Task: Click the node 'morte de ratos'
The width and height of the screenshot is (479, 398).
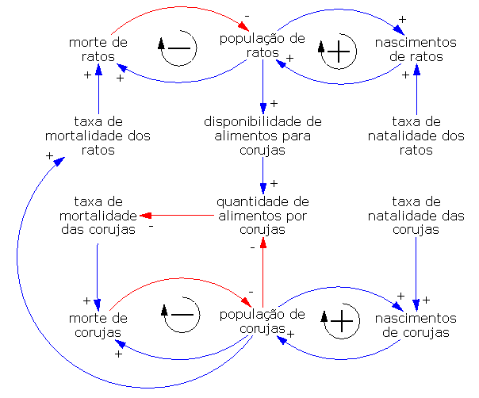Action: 98,49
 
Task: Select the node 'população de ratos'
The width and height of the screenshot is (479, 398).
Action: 262,45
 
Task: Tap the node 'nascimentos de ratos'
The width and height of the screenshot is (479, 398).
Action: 416,49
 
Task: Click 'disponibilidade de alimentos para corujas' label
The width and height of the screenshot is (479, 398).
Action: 262,136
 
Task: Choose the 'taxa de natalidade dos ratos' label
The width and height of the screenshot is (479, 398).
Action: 416,136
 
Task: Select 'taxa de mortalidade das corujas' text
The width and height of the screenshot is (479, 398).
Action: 97,216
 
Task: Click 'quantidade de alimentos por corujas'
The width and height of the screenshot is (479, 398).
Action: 262,216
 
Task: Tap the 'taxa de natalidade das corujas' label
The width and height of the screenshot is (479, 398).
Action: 416,216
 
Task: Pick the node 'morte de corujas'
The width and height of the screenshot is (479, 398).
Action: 98,325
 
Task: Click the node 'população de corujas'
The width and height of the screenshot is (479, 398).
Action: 262,321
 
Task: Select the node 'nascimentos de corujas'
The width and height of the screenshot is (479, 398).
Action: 416,325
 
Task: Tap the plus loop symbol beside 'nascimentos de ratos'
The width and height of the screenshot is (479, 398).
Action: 338,52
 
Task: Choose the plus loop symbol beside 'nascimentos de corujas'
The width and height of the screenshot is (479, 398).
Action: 340,321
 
